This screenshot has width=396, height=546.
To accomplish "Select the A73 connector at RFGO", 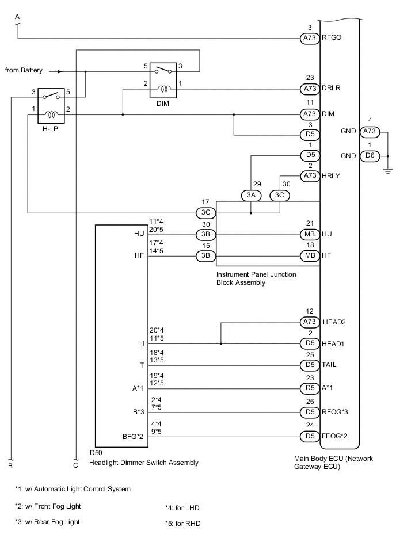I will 309,39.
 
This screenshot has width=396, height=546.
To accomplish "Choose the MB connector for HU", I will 309,234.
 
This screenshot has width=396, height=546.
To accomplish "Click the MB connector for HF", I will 309,254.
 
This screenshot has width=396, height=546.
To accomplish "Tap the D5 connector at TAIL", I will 309,366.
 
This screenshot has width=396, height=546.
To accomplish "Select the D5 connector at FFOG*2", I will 309,437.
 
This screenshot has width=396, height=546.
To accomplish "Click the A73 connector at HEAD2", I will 309,322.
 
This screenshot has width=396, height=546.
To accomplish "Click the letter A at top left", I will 17,17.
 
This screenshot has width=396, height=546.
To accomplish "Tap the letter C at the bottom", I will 75,464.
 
